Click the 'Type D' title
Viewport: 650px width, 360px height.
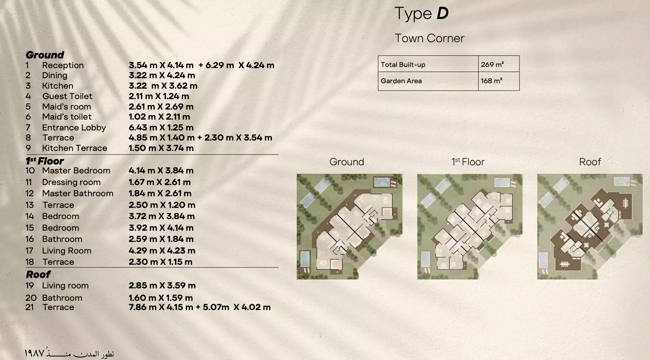click(x=421, y=14)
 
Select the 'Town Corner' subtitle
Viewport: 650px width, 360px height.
click(x=429, y=38)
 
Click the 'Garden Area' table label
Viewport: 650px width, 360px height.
click(x=401, y=81)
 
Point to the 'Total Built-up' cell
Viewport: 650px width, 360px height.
click(x=403, y=65)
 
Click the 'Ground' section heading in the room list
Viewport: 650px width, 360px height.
click(x=45, y=55)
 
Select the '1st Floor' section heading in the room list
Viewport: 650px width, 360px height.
click(x=45, y=161)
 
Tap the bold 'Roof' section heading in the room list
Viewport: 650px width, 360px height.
click(x=38, y=274)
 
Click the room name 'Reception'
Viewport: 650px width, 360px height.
click(x=63, y=65)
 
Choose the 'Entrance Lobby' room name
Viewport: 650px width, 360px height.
click(x=74, y=128)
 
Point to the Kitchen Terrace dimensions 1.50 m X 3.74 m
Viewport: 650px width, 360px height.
click(x=161, y=148)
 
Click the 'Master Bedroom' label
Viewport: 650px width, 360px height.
click(x=76, y=171)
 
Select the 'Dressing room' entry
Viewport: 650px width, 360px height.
click(x=71, y=182)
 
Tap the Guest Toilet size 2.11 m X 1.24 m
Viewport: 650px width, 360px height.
click(x=159, y=96)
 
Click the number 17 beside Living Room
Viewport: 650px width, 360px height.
click(x=30, y=251)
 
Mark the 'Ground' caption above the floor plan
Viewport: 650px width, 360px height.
click(x=347, y=162)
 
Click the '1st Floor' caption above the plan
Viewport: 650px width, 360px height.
click(x=468, y=162)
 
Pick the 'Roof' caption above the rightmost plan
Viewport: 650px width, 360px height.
click(x=590, y=162)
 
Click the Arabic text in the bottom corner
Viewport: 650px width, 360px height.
click(x=69, y=353)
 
